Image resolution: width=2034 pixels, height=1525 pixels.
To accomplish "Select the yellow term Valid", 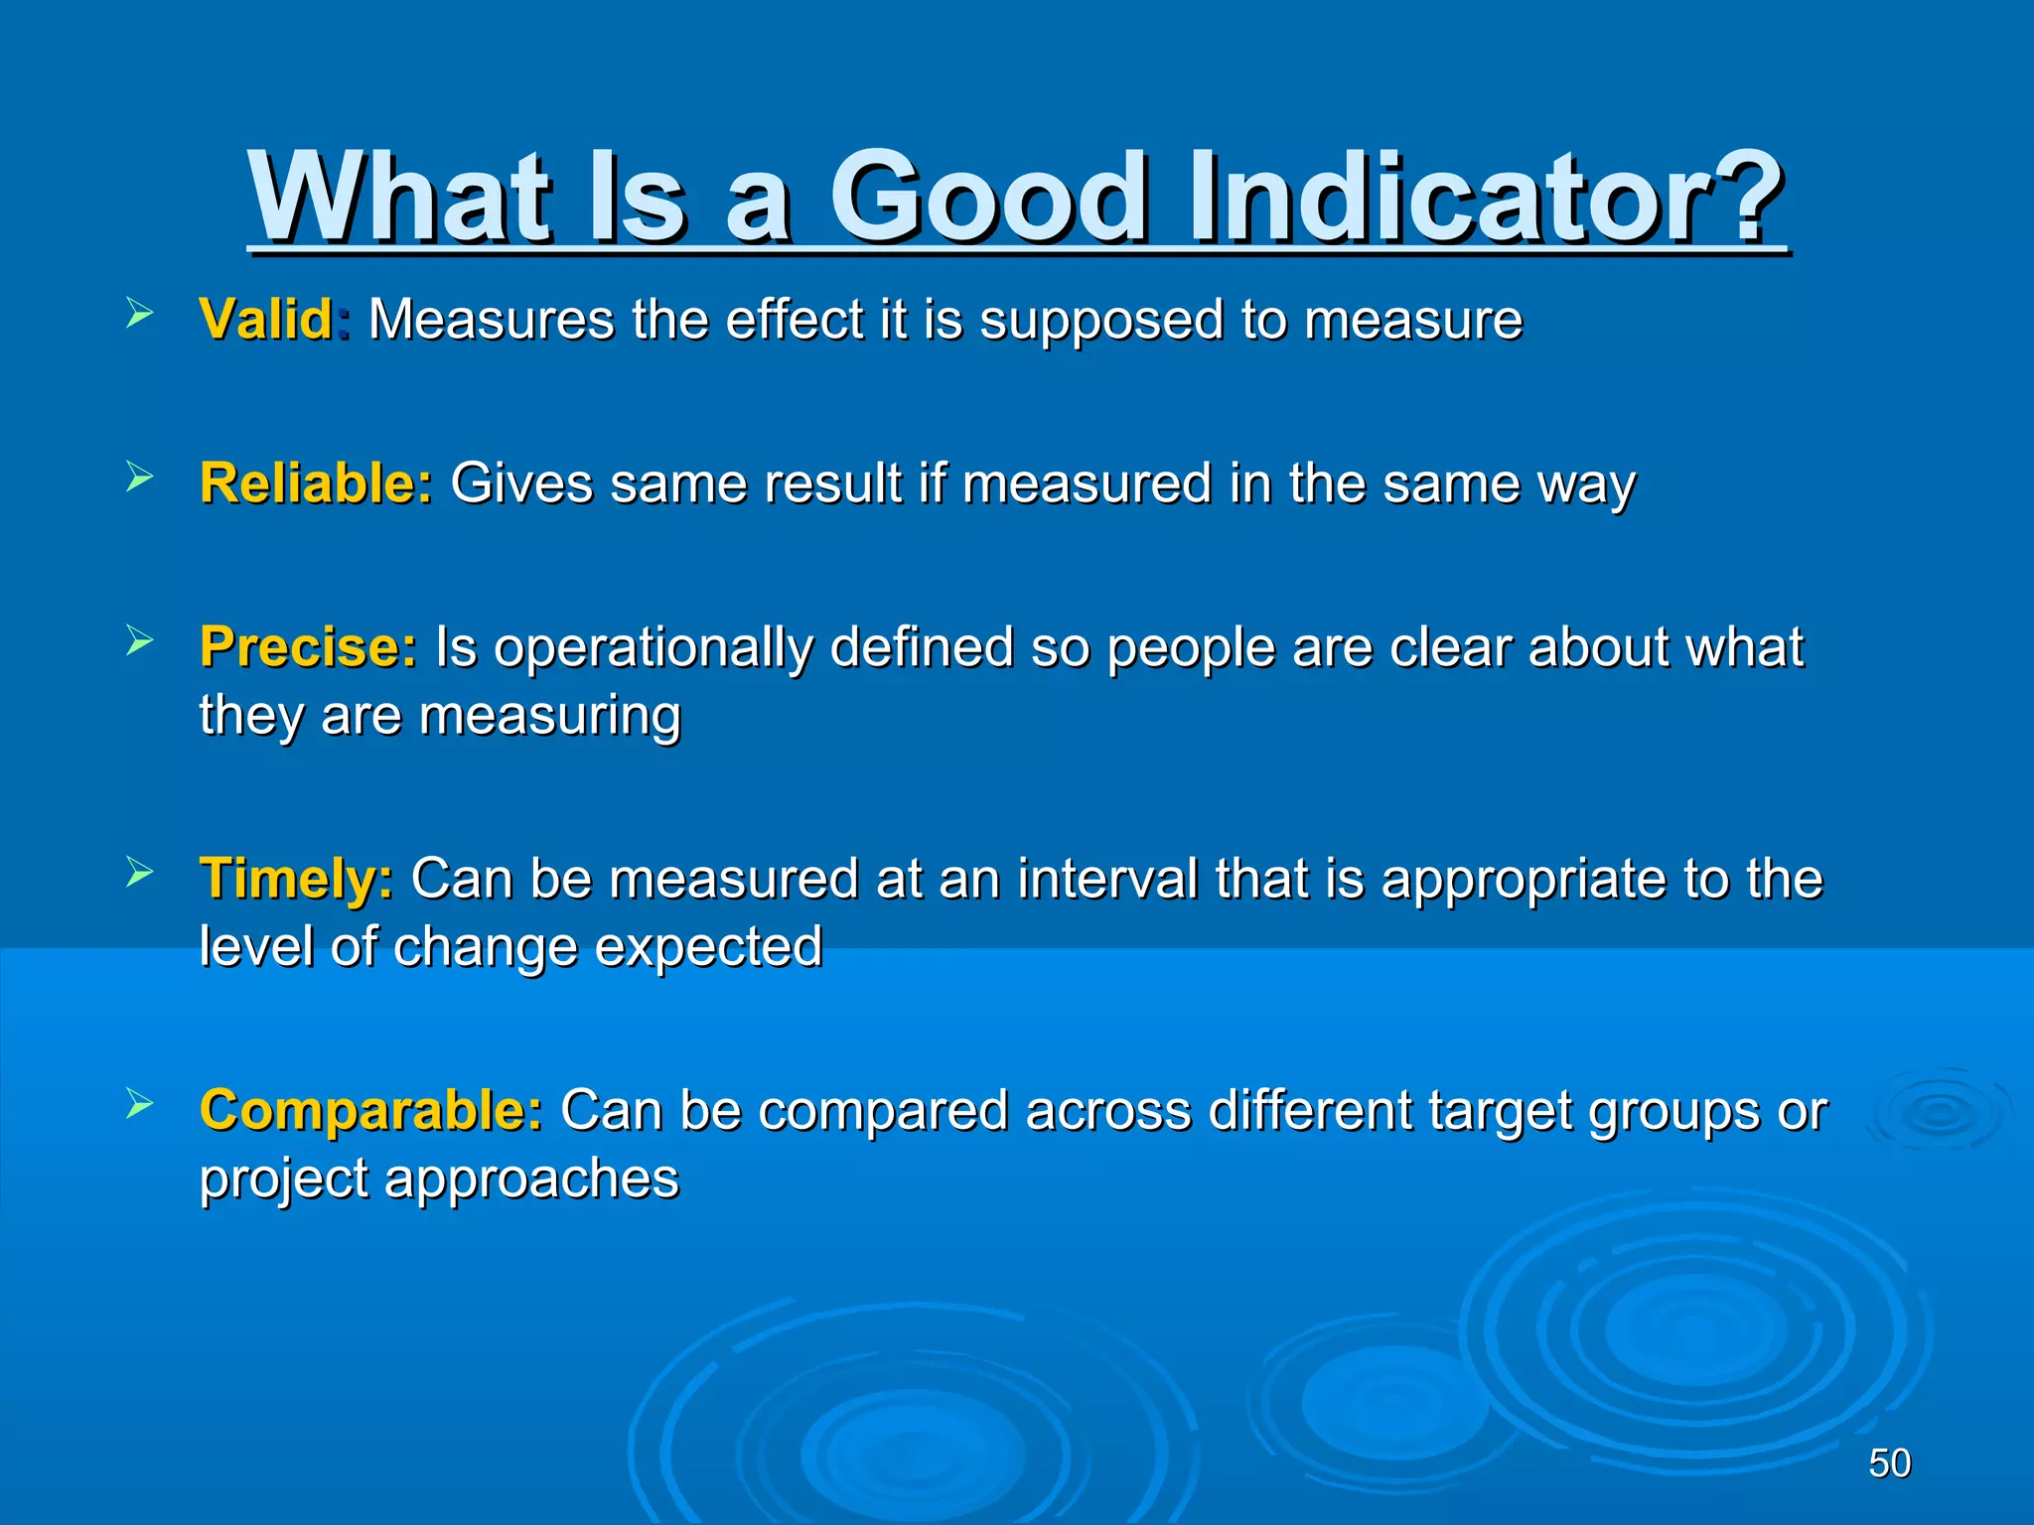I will (x=266, y=320).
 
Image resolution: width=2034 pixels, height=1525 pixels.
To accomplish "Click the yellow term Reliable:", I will (x=316, y=484).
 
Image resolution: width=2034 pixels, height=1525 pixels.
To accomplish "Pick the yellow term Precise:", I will (x=309, y=647).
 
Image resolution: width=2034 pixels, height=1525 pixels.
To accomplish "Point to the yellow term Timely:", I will (x=296, y=879).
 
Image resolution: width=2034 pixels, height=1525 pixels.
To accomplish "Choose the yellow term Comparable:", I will (x=371, y=1110).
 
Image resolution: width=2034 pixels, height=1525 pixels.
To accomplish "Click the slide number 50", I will (x=1889, y=1463).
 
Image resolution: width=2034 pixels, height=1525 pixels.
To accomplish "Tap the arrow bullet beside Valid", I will (x=140, y=316).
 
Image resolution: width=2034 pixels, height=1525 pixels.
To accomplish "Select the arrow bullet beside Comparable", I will (x=140, y=1103).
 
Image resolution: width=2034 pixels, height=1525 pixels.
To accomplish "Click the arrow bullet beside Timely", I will (x=140, y=873).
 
